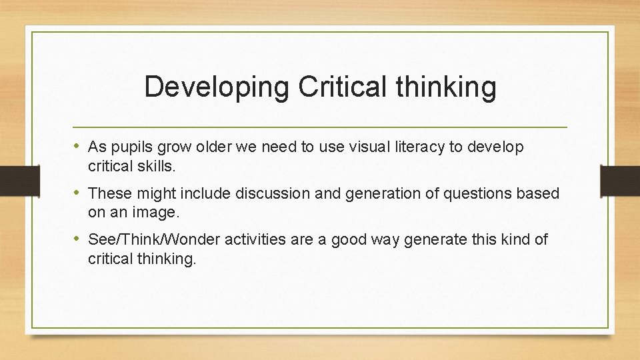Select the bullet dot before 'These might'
coord(78,193)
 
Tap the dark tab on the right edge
coord(619,180)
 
